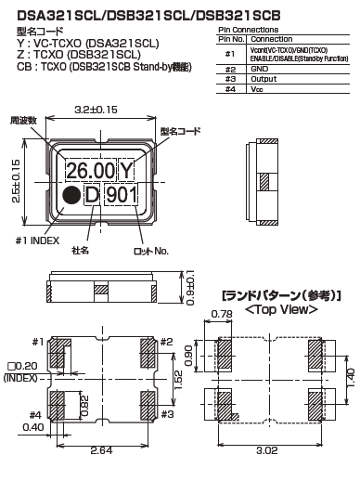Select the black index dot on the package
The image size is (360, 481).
(70, 196)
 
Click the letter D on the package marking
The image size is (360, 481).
(92, 196)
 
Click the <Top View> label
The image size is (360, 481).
(280, 308)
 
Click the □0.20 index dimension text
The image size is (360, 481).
(19, 368)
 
